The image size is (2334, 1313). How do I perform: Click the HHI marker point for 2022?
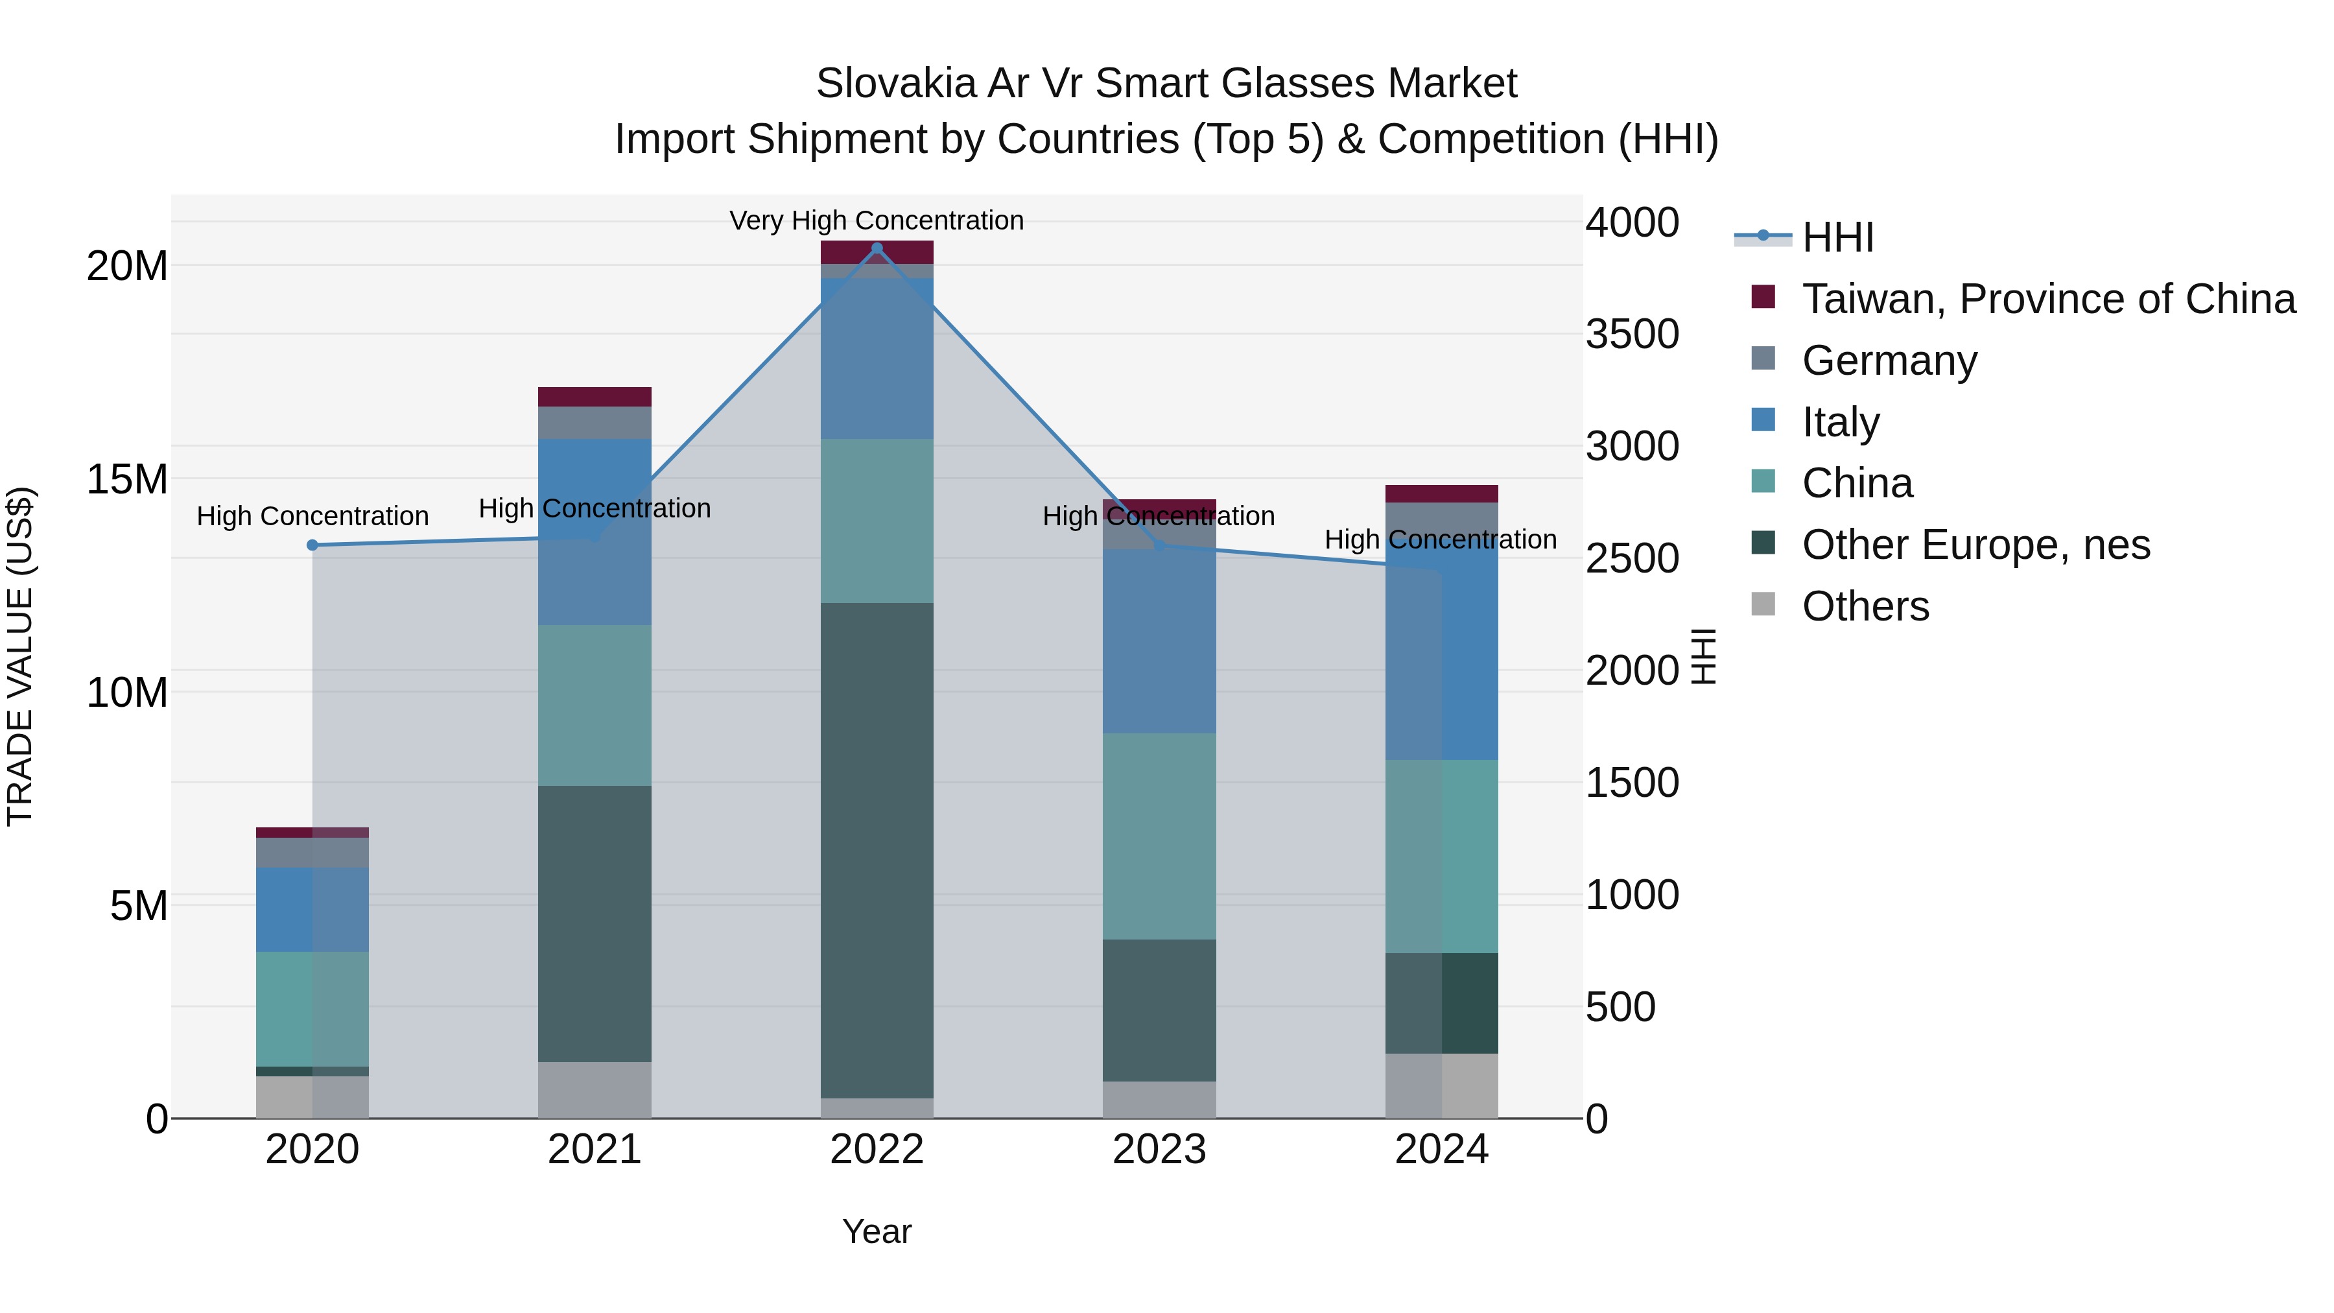pos(876,248)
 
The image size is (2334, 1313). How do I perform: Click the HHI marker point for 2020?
pos(312,545)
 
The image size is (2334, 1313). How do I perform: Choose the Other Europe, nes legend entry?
pos(1975,545)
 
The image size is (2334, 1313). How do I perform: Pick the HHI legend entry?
pos(1837,237)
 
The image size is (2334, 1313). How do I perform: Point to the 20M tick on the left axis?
pos(127,266)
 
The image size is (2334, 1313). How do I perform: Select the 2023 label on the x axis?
pos(1158,1150)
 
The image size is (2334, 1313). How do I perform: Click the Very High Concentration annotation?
pos(876,220)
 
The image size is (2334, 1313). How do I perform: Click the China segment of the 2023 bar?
pos(1158,836)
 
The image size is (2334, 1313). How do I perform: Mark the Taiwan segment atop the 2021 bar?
pos(595,396)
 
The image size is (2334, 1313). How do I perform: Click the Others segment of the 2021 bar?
pos(595,1089)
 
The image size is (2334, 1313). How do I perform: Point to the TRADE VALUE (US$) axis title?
pos(20,656)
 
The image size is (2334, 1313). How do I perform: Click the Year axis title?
pos(876,1231)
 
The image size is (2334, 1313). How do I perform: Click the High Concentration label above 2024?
pos(1441,539)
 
